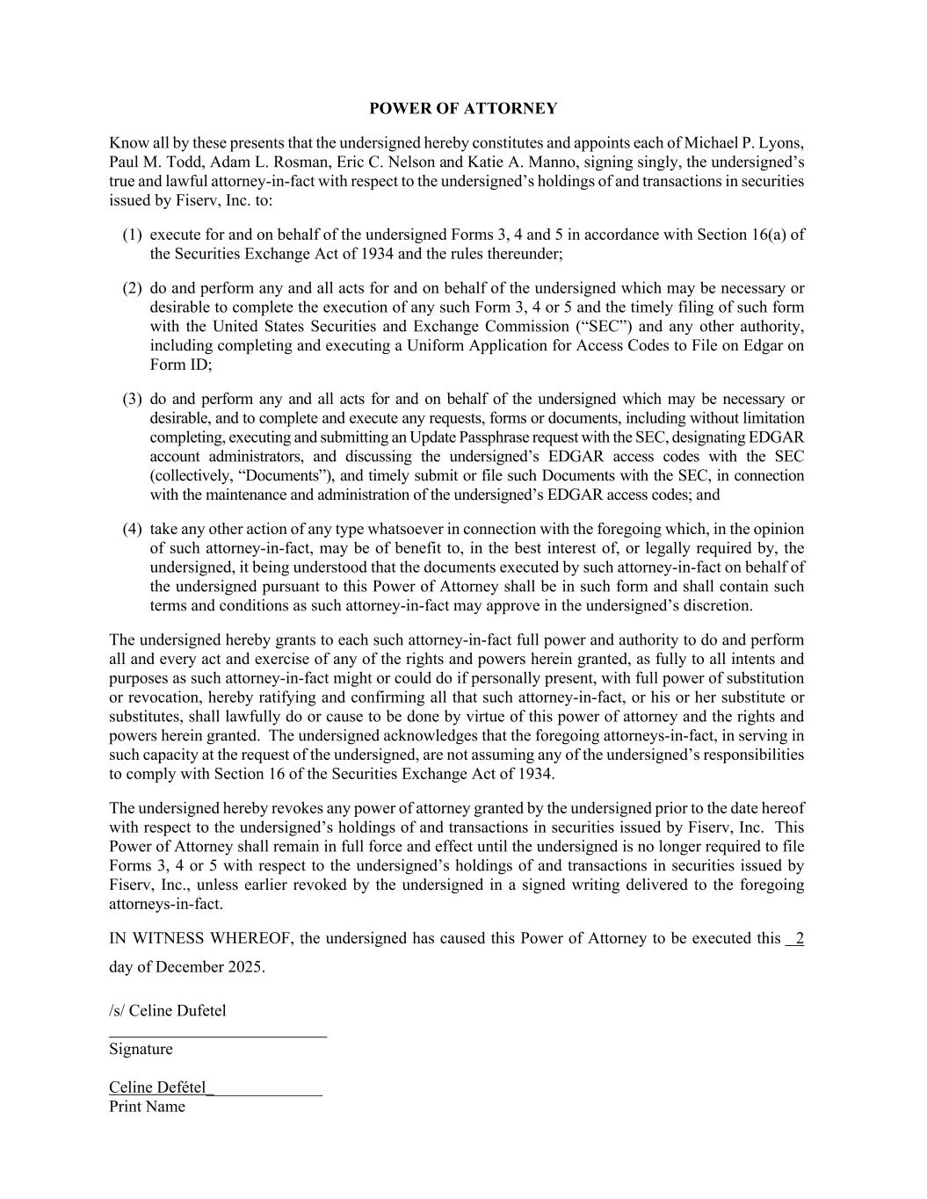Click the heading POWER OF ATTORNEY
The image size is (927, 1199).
point(463,109)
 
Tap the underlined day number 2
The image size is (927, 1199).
point(799,938)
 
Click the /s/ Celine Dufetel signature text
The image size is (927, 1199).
point(168,1011)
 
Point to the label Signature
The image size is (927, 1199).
point(141,1050)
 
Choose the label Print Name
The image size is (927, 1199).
point(147,1107)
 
